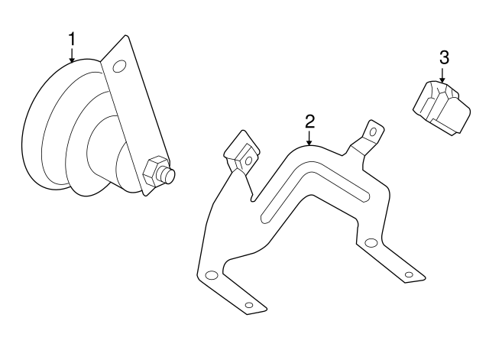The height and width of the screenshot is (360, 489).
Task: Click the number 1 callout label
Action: [x=72, y=38]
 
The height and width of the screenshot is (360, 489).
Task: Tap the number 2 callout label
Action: [x=309, y=122]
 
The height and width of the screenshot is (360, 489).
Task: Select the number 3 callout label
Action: [x=443, y=57]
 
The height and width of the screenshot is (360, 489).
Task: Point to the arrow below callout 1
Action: [x=72, y=54]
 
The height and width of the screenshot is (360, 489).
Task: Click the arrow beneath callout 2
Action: [x=309, y=138]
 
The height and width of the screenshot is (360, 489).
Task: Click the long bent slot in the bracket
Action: [x=306, y=191]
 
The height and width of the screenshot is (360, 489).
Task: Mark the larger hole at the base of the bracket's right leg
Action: [x=371, y=243]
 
